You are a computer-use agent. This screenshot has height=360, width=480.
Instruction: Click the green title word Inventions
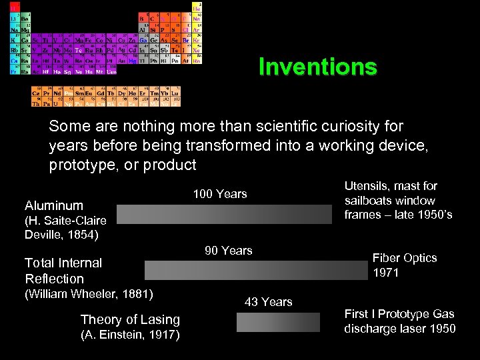(x=317, y=67)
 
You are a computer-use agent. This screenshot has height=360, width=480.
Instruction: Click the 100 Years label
(x=220, y=194)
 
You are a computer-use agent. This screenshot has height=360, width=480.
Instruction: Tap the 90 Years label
(x=229, y=251)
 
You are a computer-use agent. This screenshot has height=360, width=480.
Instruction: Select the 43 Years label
(x=269, y=302)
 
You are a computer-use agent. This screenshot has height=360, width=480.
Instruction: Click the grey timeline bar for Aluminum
(x=224, y=213)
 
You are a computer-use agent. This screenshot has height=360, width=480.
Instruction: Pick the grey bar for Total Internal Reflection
(x=257, y=270)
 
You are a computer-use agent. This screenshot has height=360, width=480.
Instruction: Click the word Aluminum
(x=54, y=206)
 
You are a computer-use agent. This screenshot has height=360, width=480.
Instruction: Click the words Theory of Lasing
(x=130, y=320)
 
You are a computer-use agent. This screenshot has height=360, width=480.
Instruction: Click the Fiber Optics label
(x=405, y=258)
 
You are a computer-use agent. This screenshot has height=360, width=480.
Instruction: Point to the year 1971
(x=386, y=273)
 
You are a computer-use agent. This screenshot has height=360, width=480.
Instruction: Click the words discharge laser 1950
(x=400, y=328)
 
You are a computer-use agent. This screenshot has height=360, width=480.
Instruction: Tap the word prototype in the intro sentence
(x=77, y=165)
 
